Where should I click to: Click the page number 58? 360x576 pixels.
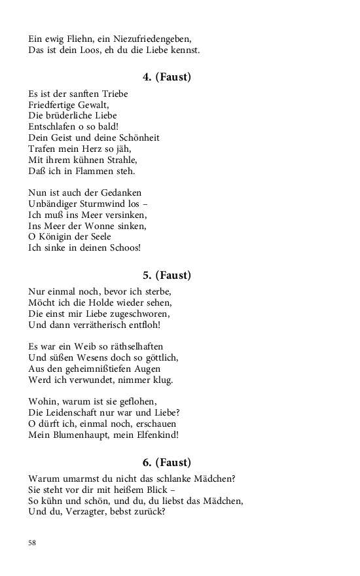tap(32, 543)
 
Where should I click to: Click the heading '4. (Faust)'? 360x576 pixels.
tap(167, 77)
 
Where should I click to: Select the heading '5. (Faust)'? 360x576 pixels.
tap(167, 275)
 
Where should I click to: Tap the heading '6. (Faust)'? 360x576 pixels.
tap(167, 462)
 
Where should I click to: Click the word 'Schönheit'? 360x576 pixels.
tap(138, 138)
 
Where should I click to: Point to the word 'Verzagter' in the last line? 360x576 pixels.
tap(94, 513)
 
